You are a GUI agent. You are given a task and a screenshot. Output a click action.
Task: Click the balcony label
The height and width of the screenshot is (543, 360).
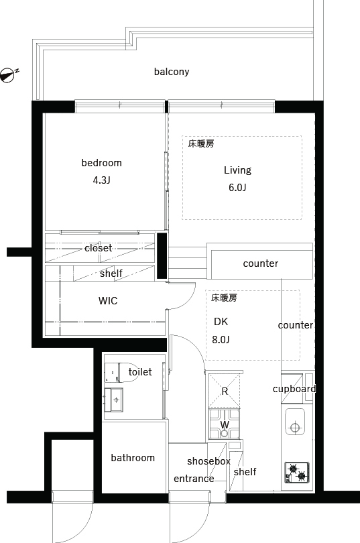coord(172,72)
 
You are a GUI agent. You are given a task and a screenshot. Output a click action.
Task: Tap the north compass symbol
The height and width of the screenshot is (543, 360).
coord(8,75)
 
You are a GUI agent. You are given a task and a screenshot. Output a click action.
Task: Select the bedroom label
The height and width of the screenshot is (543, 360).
coord(101,163)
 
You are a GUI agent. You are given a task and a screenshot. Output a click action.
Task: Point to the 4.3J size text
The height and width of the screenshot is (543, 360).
coord(101,180)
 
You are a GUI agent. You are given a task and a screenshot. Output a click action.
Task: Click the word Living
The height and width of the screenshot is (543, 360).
coord(237,170)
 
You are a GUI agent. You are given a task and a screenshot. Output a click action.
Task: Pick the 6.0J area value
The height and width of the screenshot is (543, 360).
coord(237,188)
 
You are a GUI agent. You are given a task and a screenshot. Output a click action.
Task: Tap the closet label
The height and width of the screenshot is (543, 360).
coord(99,248)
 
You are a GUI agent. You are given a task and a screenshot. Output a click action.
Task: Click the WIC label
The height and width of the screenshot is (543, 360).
coord(108,300)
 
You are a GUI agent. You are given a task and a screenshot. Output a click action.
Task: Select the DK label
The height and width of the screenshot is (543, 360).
coord(221,322)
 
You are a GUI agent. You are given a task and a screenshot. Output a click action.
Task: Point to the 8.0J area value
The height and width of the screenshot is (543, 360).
coord(221,340)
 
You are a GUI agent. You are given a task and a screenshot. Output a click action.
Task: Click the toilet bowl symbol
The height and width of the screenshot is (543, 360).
coord(122,372)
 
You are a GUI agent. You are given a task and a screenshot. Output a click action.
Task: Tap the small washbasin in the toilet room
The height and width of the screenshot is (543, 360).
coord(113,400)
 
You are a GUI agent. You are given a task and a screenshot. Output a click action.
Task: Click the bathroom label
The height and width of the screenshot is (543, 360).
coord(133,458)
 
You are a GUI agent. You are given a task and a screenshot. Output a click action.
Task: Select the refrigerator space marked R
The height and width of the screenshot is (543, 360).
coord(225,391)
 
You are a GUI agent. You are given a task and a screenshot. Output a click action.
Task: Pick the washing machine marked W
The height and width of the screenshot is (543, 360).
coord(225,424)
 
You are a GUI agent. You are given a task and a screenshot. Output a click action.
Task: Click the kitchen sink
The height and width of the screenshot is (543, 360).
coord(295,422)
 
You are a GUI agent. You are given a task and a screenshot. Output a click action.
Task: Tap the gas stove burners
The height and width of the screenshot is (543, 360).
coord(297,473)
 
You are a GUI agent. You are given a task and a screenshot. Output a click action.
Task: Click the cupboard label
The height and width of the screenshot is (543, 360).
coord(294,389)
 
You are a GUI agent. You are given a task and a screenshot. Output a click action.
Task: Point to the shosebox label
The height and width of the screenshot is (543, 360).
coord(208,461)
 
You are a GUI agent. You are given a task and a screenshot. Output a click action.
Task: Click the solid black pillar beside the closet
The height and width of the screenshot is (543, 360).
coord(162,256)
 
